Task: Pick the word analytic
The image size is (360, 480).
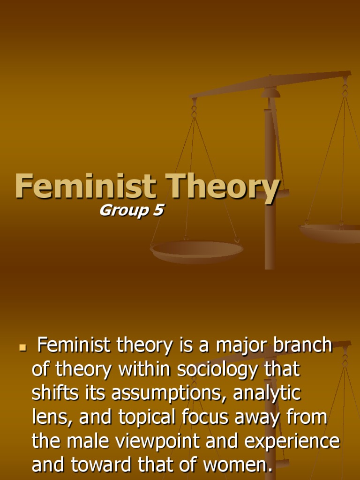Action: [x=267, y=394]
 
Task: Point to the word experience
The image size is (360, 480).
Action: [x=291, y=442]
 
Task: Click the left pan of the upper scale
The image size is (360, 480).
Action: [x=197, y=250]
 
